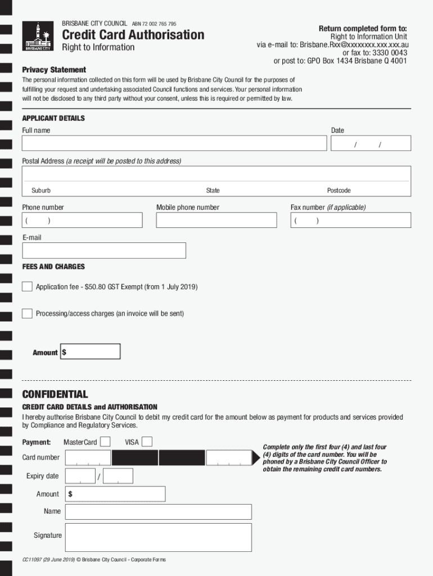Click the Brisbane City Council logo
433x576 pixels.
(38, 37)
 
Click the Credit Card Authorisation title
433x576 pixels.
(133, 35)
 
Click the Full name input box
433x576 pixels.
(174, 143)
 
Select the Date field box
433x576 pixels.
(371, 143)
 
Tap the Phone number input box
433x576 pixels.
(82, 220)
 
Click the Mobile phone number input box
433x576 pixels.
(216, 220)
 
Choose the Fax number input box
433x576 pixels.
(350, 220)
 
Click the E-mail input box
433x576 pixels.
(104, 250)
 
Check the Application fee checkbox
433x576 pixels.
(27, 287)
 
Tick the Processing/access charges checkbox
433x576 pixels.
(27, 313)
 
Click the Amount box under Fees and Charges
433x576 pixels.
(91, 352)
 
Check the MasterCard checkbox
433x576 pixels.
(105, 442)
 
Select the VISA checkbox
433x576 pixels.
(147, 442)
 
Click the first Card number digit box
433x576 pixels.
(88, 458)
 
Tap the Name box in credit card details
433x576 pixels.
(159, 512)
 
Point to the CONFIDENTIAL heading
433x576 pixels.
(55, 394)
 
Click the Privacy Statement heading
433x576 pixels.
(54, 70)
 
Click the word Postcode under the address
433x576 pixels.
(339, 191)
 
